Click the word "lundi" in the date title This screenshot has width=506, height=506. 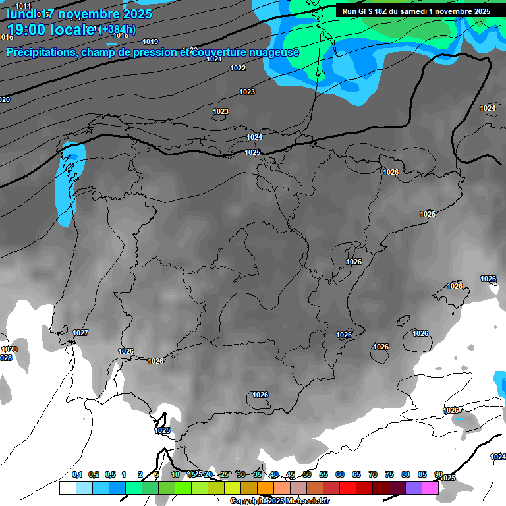pyautogui.click(x=21, y=13)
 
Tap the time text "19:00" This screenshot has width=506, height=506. pyautogui.click(x=28, y=30)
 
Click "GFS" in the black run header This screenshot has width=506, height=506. pyautogui.click(x=369, y=11)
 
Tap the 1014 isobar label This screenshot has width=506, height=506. pyautogui.click(x=23, y=6)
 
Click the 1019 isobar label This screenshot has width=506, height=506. pyautogui.click(x=150, y=42)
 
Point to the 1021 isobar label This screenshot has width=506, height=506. pyautogui.click(x=213, y=59)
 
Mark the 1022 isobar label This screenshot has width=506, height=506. pyautogui.click(x=238, y=68)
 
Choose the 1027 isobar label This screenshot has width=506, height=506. pyautogui.click(x=81, y=333)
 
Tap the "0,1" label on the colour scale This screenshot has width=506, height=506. pyautogui.click(x=77, y=474)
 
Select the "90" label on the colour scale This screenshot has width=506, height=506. pyautogui.click(x=439, y=474)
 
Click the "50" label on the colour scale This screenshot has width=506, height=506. pyautogui.click(x=307, y=474)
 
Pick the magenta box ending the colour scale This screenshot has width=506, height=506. pyautogui.click(x=430, y=488)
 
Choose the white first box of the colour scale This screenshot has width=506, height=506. pyautogui.click(x=67, y=488)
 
